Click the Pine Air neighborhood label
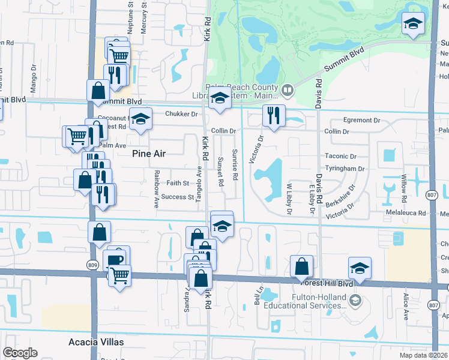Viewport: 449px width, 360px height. [148, 154]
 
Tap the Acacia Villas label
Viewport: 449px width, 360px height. [96, 342]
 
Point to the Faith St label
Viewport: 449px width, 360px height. [178, 183]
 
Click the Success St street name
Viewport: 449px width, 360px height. [178, 197]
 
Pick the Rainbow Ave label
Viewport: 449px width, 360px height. [156, 190]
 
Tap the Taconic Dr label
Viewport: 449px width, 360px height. [340, 155]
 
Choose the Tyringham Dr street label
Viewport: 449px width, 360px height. [344, 169]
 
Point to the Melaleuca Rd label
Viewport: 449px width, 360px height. [406, 213]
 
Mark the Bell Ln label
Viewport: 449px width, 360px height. [260, 295]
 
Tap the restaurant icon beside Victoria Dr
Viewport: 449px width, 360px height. [274, 116]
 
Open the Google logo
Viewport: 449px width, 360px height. [20, 353]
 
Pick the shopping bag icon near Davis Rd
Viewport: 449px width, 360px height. [301, 266]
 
